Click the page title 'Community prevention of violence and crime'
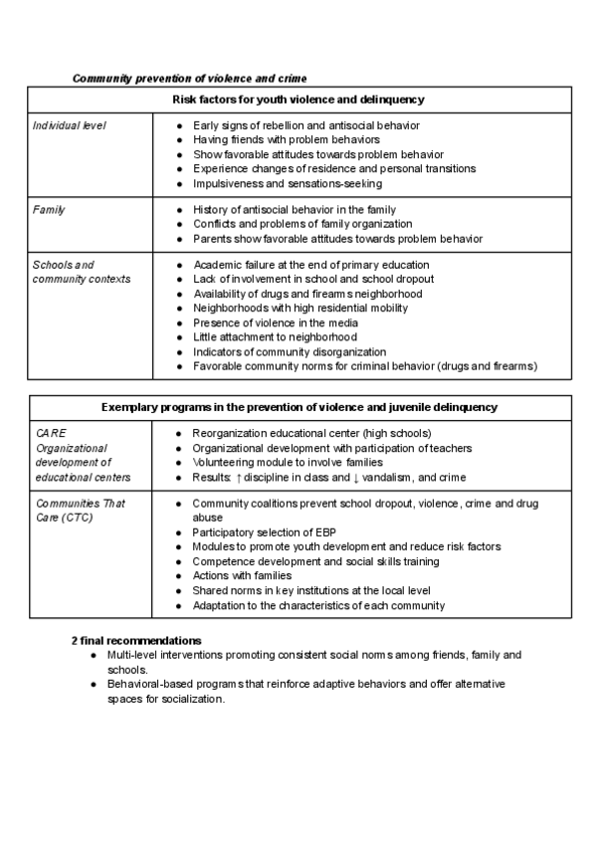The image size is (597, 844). point(189,78)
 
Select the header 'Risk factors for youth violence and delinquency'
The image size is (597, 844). point(299,100)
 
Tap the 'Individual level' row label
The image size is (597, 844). point(69,125)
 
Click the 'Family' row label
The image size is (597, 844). point(49,210)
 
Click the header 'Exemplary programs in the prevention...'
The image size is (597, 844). point(299,408)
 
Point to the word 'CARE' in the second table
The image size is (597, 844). point(49,434)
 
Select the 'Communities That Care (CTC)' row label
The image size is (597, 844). point(80,511)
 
